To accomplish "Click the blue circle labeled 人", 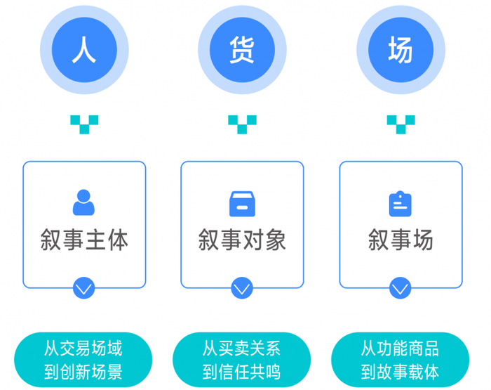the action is pyautogui.click(x=84, y=50).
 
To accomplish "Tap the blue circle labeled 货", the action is pyautogui.click(x=242, y=50).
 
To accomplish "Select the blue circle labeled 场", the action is pyautogui.click(x=401, y=50).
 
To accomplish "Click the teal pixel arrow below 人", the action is pyautogui.click(x=84, y=124).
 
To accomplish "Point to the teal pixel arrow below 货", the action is pyautogui.click(x=242, y=124).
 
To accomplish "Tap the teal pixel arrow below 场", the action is pyautogui.click(x=401, y=124).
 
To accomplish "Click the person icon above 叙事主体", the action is pyautogui.click(x=83, y=202).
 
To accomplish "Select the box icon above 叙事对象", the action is pyautogui.click(x=242, y=204).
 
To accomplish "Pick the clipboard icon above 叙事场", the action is pyautogui.click(x=401, y=204).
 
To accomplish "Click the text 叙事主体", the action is pyautogui.click(x=84, y=240).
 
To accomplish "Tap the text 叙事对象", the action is pyautogui.click(x=242, y=240).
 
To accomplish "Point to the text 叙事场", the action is pyautogui.click(x=401, y=240).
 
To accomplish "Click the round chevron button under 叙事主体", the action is pyautogui.click(x=84, y=288).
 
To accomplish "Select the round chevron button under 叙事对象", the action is pyautogui.click(x=242, y=288).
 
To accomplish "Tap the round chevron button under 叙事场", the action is pyautogui.click(x=401, y=288).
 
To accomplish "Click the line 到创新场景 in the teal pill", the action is pyautogui.click(x=83, y=372).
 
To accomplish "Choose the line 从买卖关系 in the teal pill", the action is pyautogui.click(x=241, y=349).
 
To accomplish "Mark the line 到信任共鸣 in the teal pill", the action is pyautogui.click(x=241, y=372).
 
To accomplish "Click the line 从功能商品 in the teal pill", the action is pyautogui.click(x=400, y=349).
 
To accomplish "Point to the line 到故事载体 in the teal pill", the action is pyautogui.click(x=400, y=372).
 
